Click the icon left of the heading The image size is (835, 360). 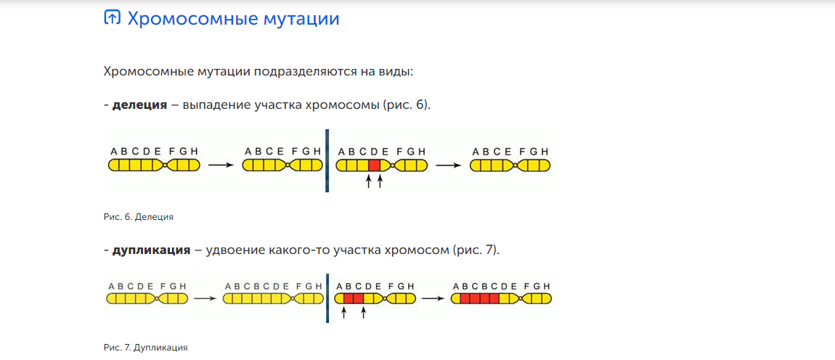(x=112, y=18)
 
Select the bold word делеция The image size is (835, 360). (x=139, y=105)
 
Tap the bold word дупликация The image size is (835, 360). (x=151, y=250)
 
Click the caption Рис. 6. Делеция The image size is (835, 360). (x=139, y=216)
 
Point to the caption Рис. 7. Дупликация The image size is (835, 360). (x=146, y=348)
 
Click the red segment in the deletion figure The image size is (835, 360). (x=374, y=165)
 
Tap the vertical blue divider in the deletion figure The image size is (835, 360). (x=327, y=160)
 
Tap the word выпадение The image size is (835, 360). (x=215, y=105)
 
